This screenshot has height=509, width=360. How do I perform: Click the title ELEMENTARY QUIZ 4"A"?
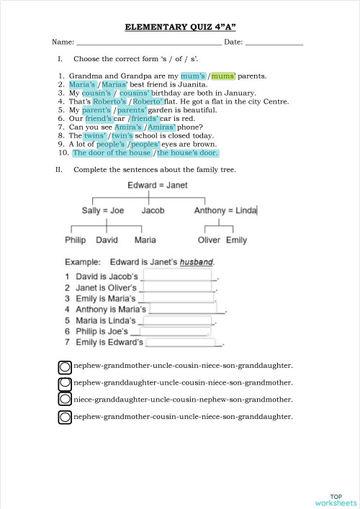pyautogui.click(x=180, y=27)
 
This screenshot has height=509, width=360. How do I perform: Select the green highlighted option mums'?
pyautogui.click(x=224, y=76)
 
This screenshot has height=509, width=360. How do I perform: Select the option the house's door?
pyautogui.click(x=187, y=153)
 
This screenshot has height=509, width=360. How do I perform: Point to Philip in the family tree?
pyautogui.click(x=75, y=240)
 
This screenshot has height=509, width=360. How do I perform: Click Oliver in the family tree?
pyautogui.click(x=209, y=240)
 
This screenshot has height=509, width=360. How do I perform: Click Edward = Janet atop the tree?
pyautogui.click(x=157, y=186)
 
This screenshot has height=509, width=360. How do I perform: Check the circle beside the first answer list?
pyautogui.click(x=64, y=366)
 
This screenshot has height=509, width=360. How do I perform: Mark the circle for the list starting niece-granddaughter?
pyautogui.click(x=64, y=400)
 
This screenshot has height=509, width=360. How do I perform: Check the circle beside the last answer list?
pyautogui.click(x=64, y=416)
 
